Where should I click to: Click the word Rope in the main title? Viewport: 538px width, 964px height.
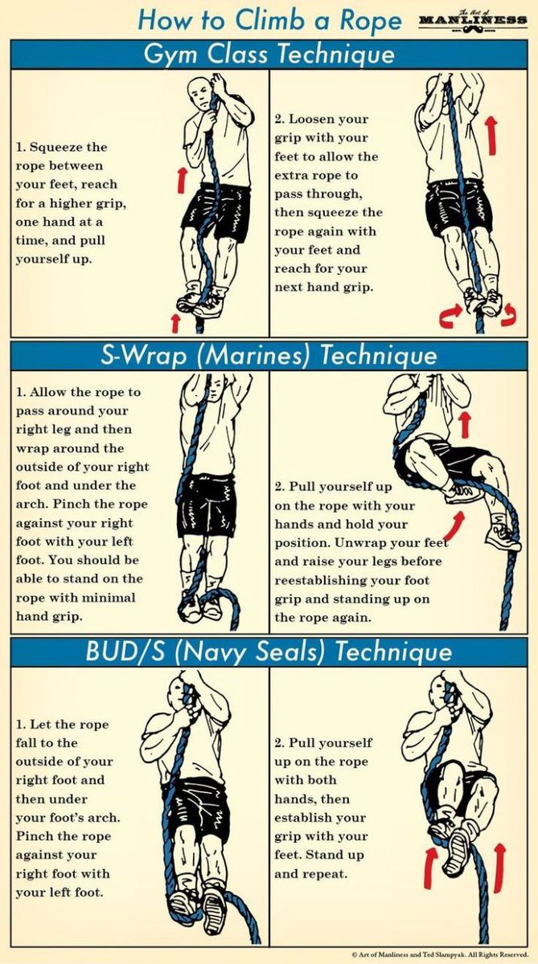click(371, 21)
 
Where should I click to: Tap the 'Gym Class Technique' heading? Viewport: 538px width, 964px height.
click(269, 55)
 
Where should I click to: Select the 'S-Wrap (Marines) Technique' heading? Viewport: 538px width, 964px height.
click(269, 356)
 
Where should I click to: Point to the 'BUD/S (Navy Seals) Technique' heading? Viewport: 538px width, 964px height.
click(269, 652)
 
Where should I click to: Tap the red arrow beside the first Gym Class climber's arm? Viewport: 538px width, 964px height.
click(182, 180)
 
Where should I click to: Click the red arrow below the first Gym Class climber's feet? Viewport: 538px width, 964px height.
click(175, 323)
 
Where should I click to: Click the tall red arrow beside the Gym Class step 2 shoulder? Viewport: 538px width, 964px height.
click(491, 135)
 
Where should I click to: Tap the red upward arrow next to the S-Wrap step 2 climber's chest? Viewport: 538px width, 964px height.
click(464, 424)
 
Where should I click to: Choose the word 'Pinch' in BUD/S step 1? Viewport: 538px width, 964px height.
click(33, 836)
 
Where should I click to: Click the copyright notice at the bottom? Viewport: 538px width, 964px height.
click(440, 954)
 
